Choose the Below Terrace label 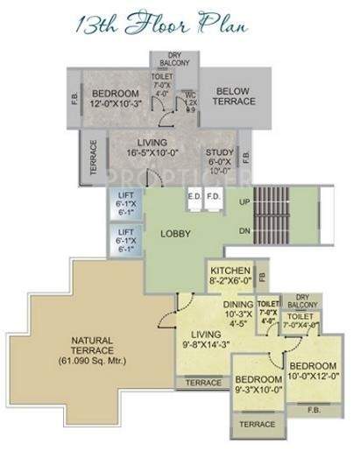tap(236, 95)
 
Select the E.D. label tap(193, 196)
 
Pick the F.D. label tap(212, 196)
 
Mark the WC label tap(189, 95)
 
